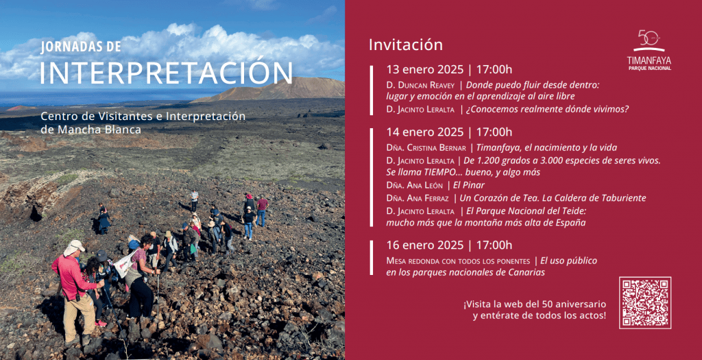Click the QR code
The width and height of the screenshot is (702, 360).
pyautogui.click(x=644, y=302)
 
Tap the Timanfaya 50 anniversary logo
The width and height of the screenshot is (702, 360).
pyautogui.click(x=649, y=50)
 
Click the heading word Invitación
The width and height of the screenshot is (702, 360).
pyautogui.click(x=406, y=45)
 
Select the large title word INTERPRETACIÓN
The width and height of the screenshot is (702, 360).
pyautogui.click(x=166, y=73)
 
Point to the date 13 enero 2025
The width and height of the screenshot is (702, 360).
pyautogui.click(x=425, y=69)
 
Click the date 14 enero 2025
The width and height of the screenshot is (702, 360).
pyautogui.click(x=425, y=132)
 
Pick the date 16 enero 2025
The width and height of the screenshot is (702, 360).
pyautogui.click(x=425, y=245)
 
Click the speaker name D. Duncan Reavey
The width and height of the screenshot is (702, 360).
pyautogui.click(x=421, y=84)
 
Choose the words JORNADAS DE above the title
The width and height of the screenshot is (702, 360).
pyautogui.click(x=81, y=47)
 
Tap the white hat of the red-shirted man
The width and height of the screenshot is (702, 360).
pyautogui.click(x=75, y=245)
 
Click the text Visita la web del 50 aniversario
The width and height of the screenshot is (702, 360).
pyautogui.click(x=535, y=303)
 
